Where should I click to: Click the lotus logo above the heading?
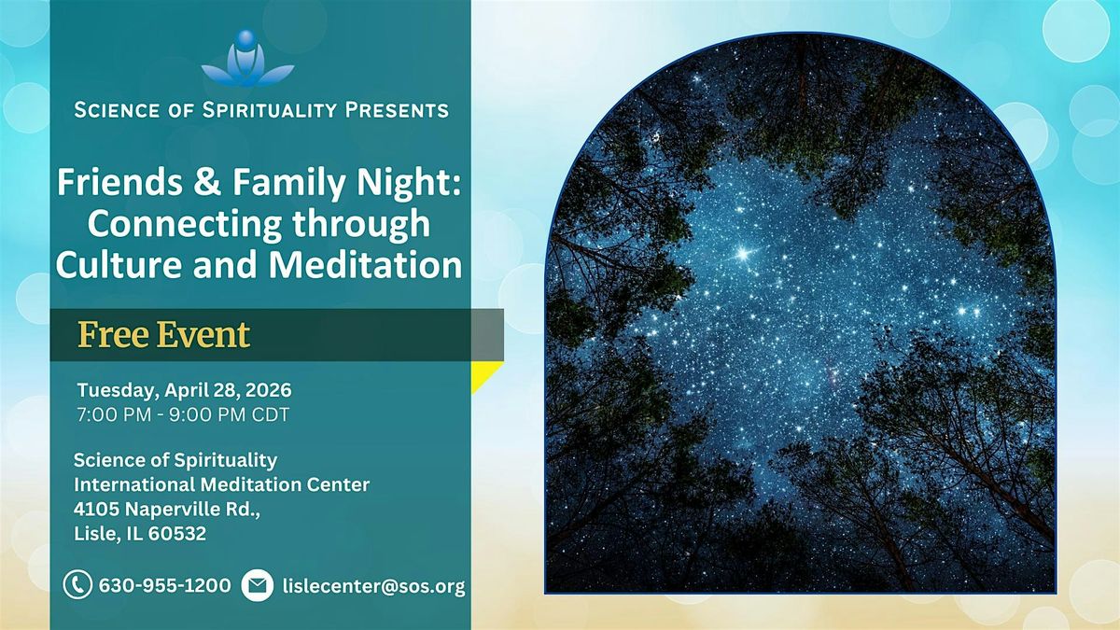pyautogui.click(x=247, y=59)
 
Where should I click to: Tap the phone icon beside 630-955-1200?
pyautogui.click(x=77, y=585)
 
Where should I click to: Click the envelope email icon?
pyautogui.click(x=257, y=585)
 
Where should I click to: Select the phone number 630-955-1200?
pyautogui.click(x=165, y=585)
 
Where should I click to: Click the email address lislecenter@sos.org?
pyautogui.click(x=374, y=586)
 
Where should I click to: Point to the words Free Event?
pyautogui.click(x=164, y=334)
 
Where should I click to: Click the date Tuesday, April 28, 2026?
pyautogui.click(x=185, y=390)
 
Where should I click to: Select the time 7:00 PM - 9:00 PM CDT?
pyautogui.click(x=183, y=414)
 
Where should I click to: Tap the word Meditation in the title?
pyautogui.click(x=366, y=264)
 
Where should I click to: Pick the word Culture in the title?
pyautogui.click(x=119, y=264)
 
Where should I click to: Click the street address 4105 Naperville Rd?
pyautogui.click(x=167, y=510)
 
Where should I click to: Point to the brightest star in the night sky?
pyautogui.click(x=744, y=254)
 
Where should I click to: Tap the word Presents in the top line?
pyautogui.click(x=397, y=110)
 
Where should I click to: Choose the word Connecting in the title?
pyautogui.click(x=185, y=224)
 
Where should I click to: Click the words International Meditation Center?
pyautogui.click(x=221, y=484)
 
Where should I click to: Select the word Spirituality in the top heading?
pyautogui.click(x=269, y=110)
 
